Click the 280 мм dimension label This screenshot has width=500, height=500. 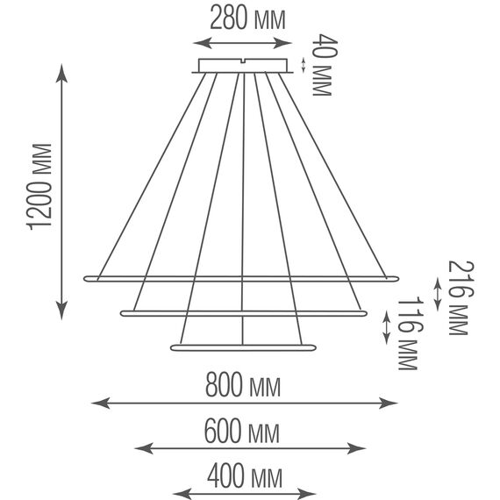tap(247, 19)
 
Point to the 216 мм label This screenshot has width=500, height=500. tap(461, 298)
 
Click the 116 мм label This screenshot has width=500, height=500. tap(409, 333)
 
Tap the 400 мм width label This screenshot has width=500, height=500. tap(245, 477)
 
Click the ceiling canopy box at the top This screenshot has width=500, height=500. tap(243, 66)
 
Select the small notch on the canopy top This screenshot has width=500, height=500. tap(243, 61)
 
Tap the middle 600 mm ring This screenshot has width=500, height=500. tap(244, 313)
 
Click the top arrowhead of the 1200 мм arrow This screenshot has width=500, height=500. tap(61, 73)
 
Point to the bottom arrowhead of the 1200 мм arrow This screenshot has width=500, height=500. tap(61, 311)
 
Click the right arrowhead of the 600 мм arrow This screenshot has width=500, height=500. tap(356, 448)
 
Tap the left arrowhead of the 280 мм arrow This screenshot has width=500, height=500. tap(203, 43)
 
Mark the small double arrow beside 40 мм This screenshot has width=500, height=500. tap(304, 66)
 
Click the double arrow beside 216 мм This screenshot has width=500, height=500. tap(437, 295)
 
